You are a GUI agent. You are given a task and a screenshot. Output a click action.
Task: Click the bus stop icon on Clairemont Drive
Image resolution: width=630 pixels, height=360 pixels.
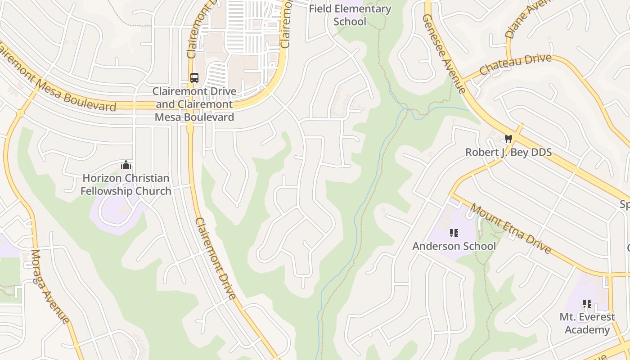[194, 77]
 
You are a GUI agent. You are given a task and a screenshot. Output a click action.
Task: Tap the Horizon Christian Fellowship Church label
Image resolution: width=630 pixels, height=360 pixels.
[126, 184]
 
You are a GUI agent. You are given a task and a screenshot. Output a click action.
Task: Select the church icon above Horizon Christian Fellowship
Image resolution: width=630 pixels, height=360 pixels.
[126, 165]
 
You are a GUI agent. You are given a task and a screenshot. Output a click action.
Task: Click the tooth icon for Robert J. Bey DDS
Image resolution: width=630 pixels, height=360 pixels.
[508, 139]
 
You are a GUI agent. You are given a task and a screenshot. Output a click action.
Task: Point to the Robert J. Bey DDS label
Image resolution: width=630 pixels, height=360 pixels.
[508, 152]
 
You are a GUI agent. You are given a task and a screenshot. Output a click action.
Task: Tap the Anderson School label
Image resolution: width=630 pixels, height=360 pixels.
[454, 246]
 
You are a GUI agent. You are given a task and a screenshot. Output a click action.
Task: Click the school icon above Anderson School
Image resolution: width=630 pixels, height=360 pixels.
[454, 233]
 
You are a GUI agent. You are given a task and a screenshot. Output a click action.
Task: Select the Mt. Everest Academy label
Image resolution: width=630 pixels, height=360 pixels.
[587, 323]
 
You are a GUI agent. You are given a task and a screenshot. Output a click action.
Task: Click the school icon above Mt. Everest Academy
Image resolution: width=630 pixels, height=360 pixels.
[587, 304]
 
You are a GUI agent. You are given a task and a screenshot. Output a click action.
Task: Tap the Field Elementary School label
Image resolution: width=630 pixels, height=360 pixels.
[350, 15]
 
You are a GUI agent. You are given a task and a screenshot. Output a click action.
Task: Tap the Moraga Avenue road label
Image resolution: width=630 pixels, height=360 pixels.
[50, 286]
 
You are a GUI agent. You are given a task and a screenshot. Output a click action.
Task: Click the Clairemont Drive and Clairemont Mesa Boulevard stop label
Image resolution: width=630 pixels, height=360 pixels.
[194, 104]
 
